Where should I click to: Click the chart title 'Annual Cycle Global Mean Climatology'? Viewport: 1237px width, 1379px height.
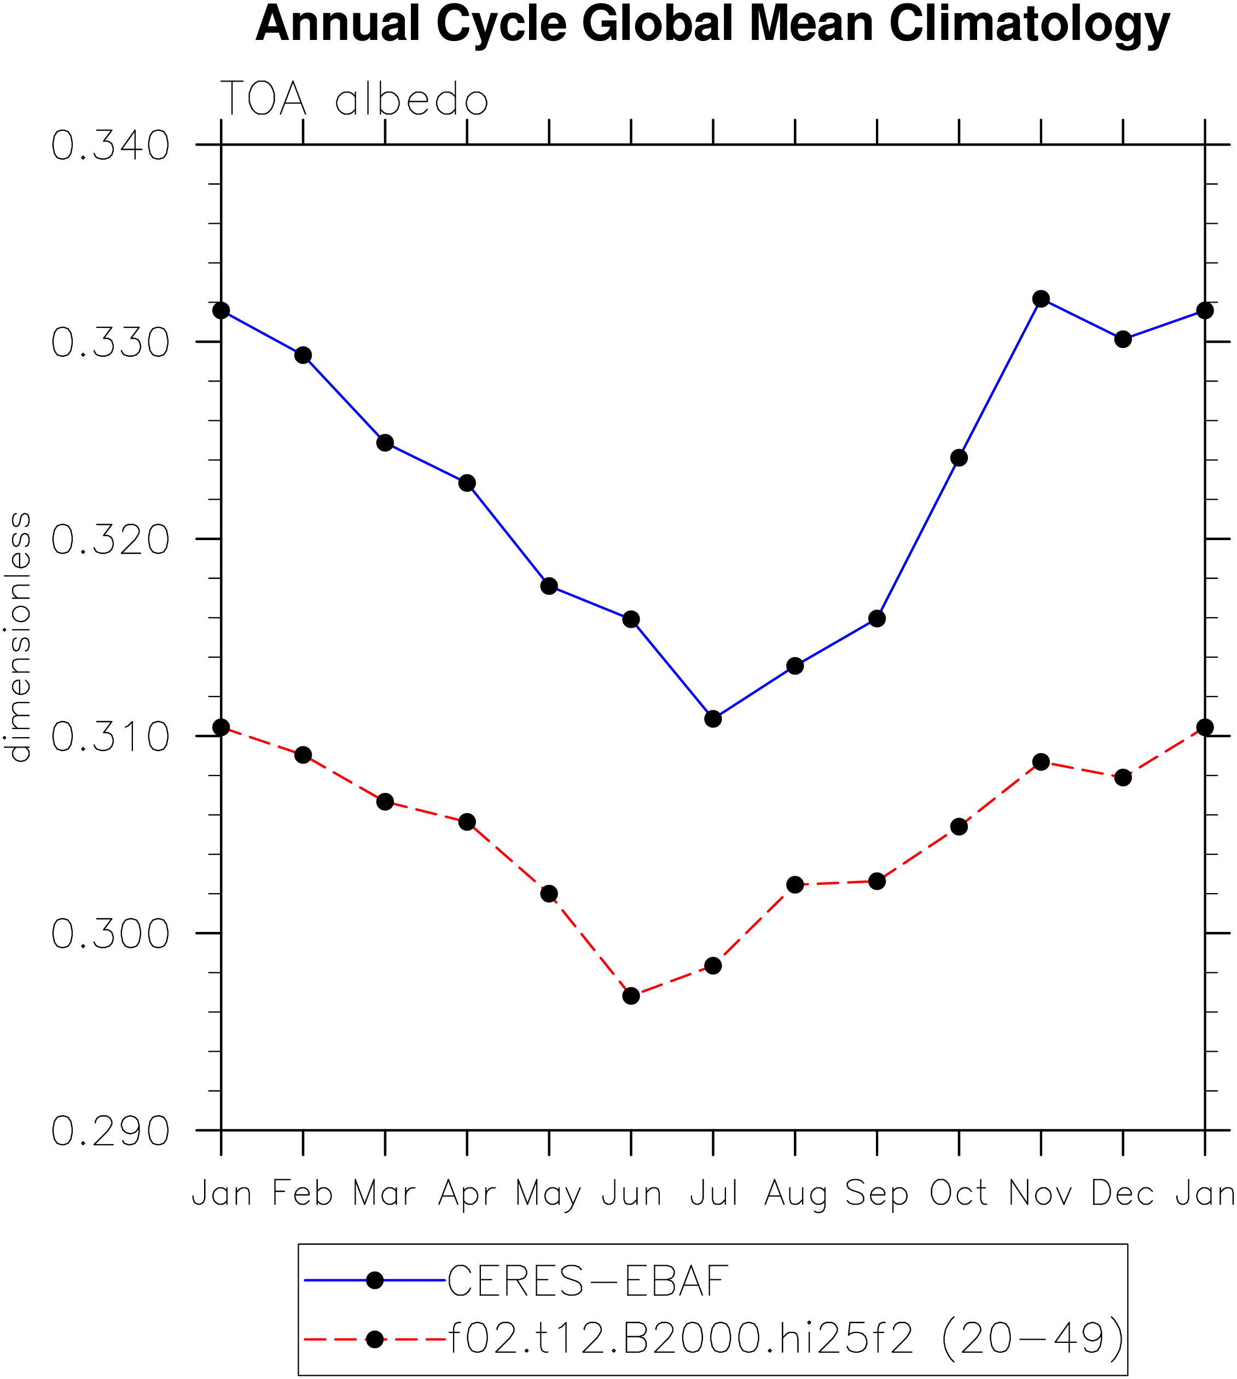712,25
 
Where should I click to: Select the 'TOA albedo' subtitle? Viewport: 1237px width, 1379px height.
354,99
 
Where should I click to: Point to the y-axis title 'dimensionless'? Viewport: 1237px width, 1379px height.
19,637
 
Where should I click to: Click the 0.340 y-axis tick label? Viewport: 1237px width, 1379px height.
110,146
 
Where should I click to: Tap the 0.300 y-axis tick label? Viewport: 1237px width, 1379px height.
110,934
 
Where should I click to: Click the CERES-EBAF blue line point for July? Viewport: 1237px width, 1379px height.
713,719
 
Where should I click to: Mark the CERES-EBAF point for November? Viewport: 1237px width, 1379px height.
1041,298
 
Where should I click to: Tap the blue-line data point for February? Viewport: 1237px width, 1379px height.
303,355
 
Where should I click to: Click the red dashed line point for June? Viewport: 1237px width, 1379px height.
631,996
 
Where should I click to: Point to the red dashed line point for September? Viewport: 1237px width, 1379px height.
878,882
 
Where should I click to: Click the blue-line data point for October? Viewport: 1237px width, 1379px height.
959,458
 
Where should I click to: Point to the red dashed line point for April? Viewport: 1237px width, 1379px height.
467,822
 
